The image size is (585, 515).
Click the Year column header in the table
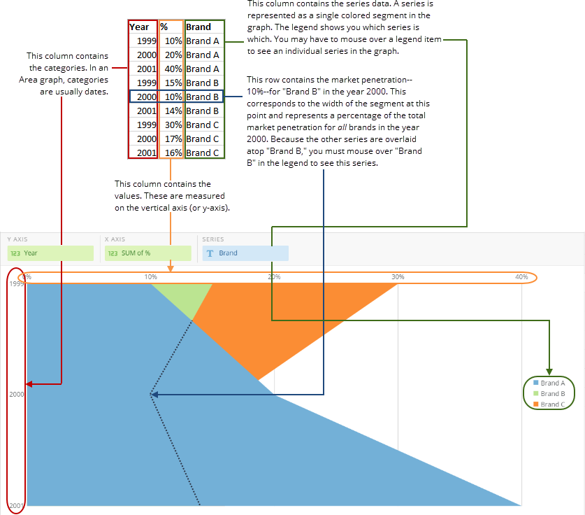139,27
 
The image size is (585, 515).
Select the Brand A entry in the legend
552,383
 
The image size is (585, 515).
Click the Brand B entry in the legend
552,393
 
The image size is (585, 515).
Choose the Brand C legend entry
552,404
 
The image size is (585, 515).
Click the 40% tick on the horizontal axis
521,277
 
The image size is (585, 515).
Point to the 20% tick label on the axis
274,277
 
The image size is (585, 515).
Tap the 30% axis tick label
398,277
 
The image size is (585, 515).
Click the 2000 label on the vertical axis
17,395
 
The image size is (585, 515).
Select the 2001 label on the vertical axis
17,505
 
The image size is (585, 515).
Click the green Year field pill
50,253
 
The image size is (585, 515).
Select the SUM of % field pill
147,253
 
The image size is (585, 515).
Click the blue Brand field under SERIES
245,253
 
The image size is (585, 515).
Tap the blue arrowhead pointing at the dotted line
155,395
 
